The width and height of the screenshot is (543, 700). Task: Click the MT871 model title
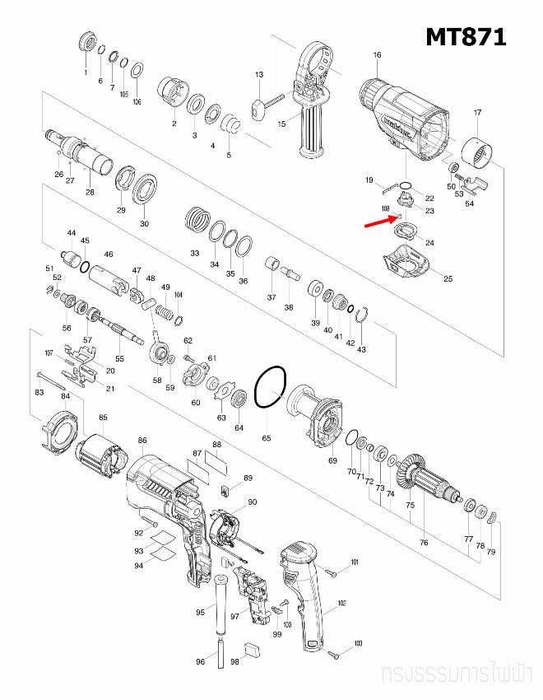coord(465,36)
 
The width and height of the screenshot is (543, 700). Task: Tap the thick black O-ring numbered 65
coord(270,387)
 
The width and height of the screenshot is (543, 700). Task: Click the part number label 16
coord(377,55)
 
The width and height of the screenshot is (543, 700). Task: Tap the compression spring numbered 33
coord(196,220)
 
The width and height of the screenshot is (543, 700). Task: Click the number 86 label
coord(142,441)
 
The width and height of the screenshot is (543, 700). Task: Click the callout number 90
coord(253,502)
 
